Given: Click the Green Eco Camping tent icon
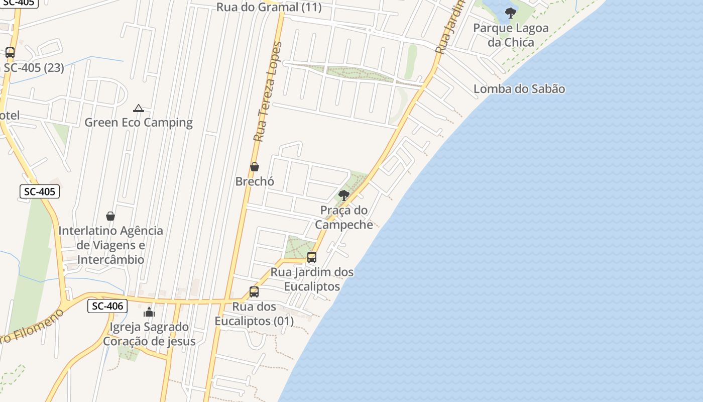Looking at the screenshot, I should (139, 108).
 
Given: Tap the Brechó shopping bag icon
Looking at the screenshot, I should (255, 167).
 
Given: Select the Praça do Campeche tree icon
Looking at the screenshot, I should (344, 195).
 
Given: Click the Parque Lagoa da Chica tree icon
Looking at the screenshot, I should (511, 13).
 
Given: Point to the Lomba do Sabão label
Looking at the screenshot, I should (519, 89).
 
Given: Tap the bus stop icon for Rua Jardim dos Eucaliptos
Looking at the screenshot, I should (312, 257).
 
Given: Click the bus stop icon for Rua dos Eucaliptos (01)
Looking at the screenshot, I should (254, 291).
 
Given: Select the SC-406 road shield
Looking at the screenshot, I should (107, 306).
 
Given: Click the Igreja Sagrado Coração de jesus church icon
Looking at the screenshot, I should (149, 312).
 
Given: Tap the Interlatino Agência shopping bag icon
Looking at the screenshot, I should (110, 216).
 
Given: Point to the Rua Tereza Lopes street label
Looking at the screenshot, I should (268, 92).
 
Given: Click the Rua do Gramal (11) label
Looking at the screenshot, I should (269, 7).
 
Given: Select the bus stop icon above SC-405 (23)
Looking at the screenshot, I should (10, 52).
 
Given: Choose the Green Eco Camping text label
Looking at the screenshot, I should (139, 123).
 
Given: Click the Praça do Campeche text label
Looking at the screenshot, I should (344, 217).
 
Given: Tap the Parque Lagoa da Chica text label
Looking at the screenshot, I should (511, 35).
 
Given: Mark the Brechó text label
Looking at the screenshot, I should (255, 181).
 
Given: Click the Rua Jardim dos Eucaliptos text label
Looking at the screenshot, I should (312, 279).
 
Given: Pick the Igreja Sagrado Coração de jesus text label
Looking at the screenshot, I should (149, 334).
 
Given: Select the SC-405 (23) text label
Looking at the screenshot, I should (34, 67).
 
